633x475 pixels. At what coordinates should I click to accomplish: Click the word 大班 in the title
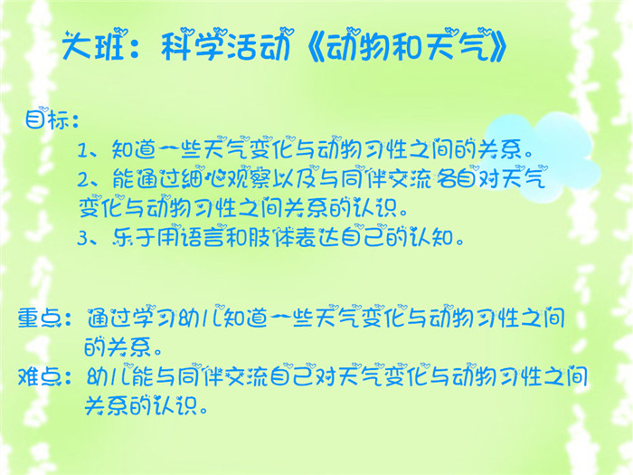tap(93, 45)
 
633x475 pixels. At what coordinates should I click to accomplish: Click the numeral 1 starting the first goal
tap(82, 151)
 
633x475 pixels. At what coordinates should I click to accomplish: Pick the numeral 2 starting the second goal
tap(82, 180)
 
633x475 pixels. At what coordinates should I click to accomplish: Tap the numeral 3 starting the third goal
tap(82, 238)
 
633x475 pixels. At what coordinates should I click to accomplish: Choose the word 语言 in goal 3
tap(203, 237)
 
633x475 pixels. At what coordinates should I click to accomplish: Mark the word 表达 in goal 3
tap(316, 237)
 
